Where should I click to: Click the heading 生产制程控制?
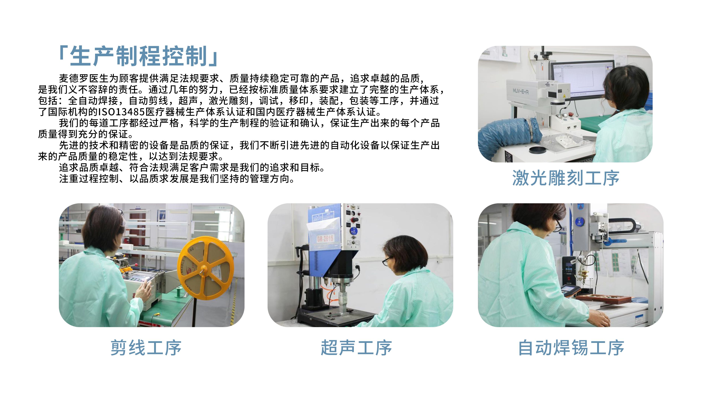click(138, 56)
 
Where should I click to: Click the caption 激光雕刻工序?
click(566, 178)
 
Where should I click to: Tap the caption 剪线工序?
click(146, 348)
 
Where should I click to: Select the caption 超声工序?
click(356, 348)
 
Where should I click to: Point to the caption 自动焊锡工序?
click(571, 348)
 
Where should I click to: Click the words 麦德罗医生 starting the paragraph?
click(84, 79)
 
